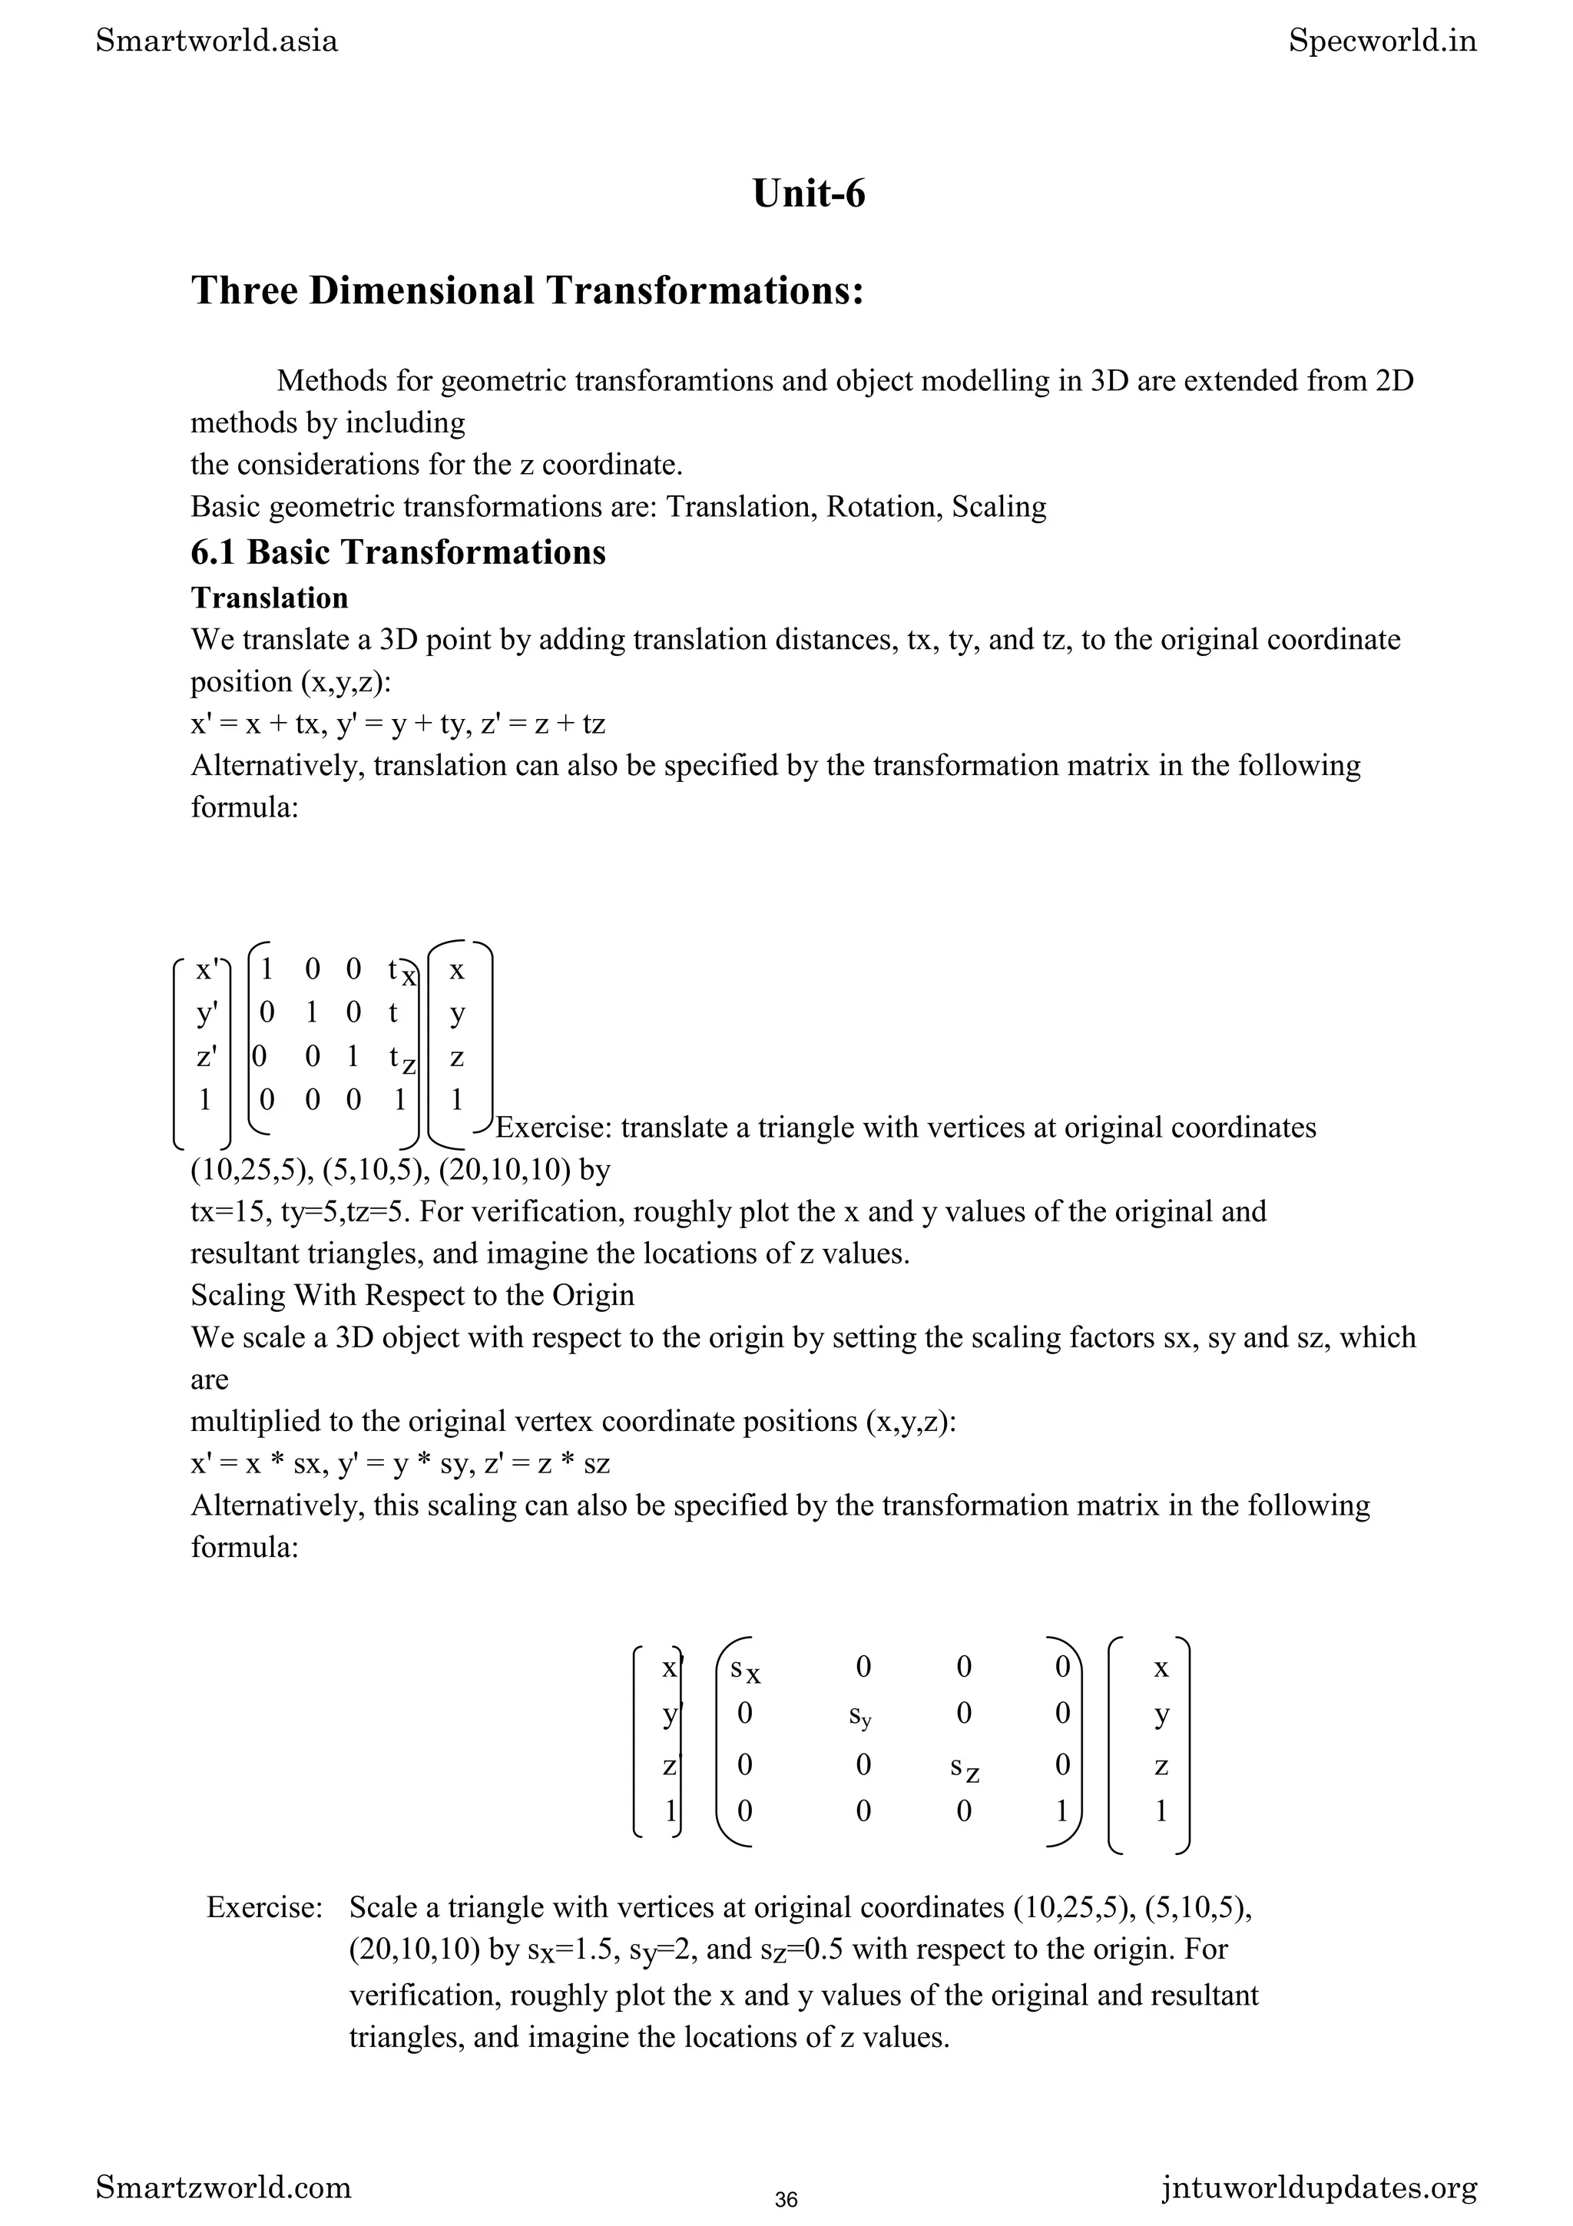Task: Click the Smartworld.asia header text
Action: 217,41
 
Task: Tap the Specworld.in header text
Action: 1382,41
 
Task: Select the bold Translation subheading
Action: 269,598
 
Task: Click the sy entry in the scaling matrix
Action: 861,1715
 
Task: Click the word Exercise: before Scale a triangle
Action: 263,1907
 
